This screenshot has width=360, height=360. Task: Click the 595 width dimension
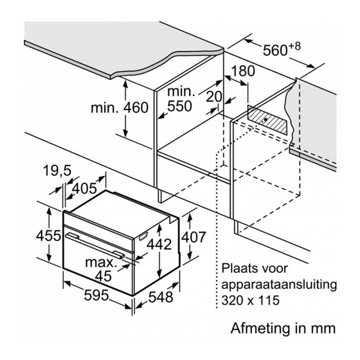(x=96, y=295)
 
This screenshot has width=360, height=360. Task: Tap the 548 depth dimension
(x=161, y=297)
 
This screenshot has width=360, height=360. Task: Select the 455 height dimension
(x=49, y=236)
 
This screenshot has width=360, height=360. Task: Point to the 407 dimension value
(x=193, y=237)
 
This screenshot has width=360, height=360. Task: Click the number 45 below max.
(x=104, y=276)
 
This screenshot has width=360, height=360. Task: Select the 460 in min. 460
(x=136, y=108)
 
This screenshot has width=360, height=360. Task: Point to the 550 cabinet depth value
(x=179, y=106)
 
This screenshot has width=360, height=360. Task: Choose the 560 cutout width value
(x=275, y=50)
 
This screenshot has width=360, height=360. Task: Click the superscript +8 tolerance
(x=294, y=46)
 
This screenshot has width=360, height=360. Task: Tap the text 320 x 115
(x=251, y=300)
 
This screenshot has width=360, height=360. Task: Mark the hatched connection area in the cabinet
(x=267, y=120)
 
